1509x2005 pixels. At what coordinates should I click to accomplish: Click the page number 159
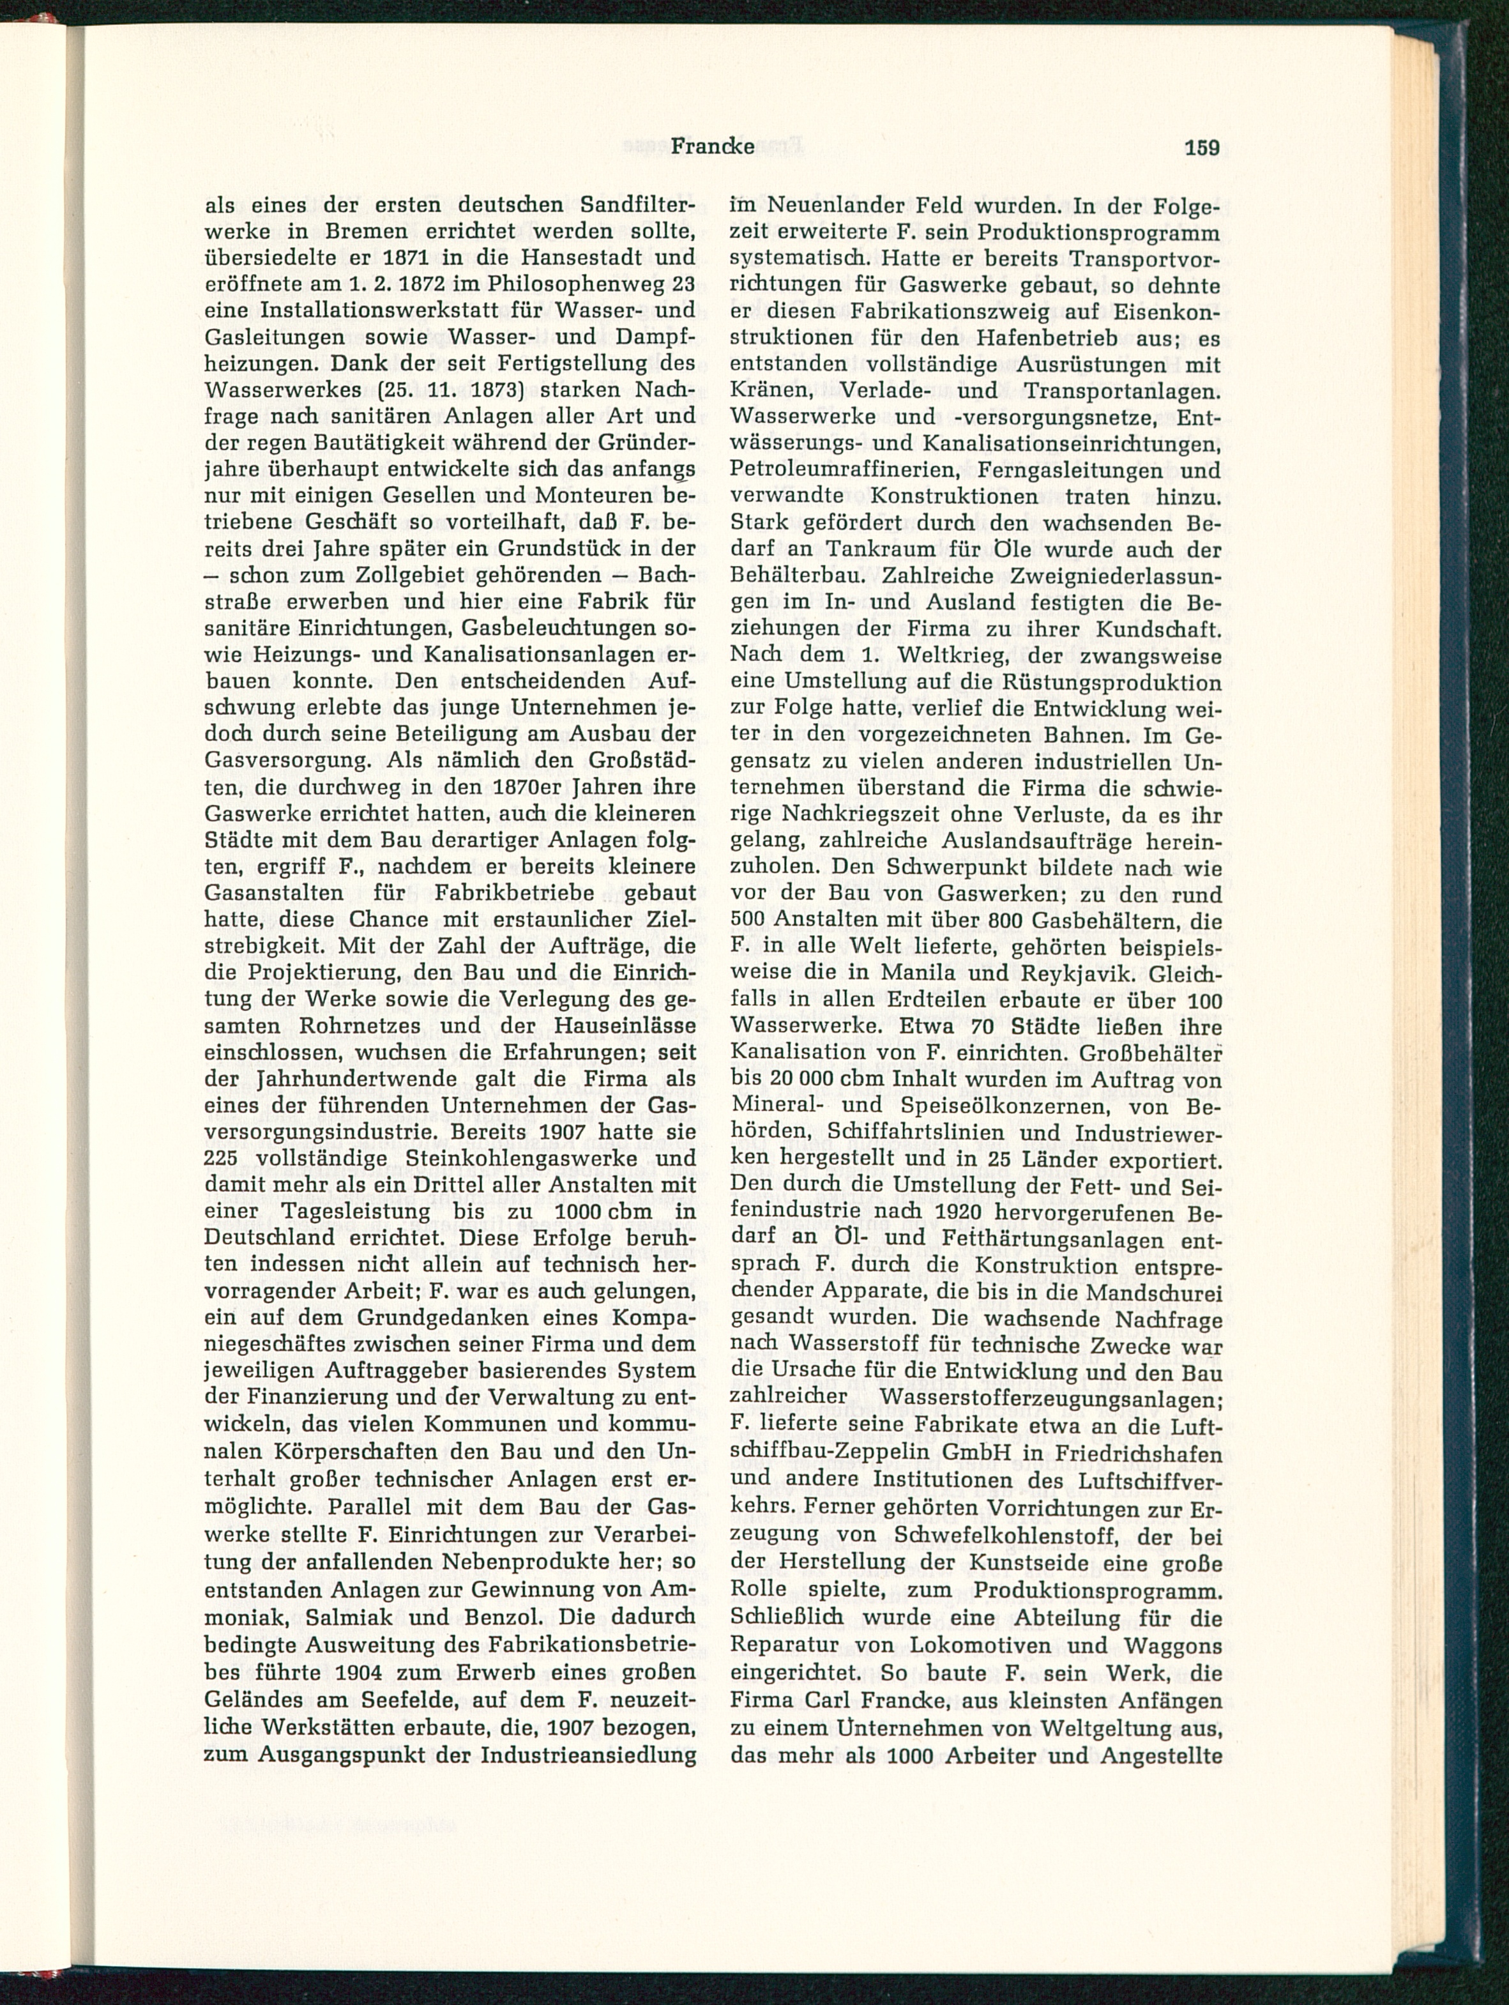coord(1202,148)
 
